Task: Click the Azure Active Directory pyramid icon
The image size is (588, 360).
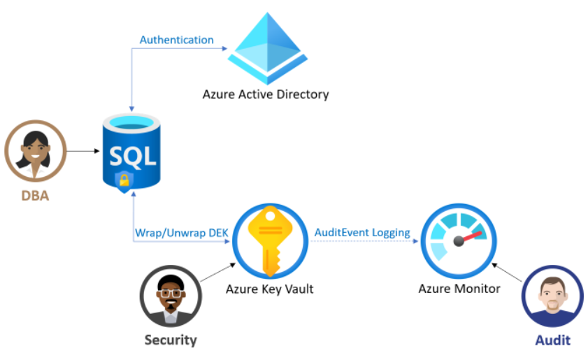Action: (x=268, y=48)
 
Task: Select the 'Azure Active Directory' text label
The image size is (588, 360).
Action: (x=265, y=94)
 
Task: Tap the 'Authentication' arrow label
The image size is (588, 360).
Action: (x=176, y=40)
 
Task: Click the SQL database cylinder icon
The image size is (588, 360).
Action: (x=133, y=151)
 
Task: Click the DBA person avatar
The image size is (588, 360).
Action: (x=35, y=150)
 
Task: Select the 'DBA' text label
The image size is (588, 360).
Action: (x=34, y=196)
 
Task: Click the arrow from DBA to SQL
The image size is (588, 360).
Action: (x=84, y=150)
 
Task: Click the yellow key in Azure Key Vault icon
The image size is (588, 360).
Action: (x=269, y=242)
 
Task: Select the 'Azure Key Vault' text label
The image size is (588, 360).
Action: (x=269, y=288)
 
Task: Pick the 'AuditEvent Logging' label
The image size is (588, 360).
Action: (x=362, y=233)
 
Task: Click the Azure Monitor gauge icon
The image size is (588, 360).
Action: (x=459, y=242)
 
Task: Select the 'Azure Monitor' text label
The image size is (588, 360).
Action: (x=459, y=288)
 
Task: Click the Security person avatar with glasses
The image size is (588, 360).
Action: (x=170, y=296)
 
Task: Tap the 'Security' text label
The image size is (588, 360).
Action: (x=170, y=340)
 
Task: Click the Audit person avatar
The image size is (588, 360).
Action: (x=552, y=296)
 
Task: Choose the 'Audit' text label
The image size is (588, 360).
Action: (x=552, y=340)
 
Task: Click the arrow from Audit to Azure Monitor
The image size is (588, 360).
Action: (x=508, y=273)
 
